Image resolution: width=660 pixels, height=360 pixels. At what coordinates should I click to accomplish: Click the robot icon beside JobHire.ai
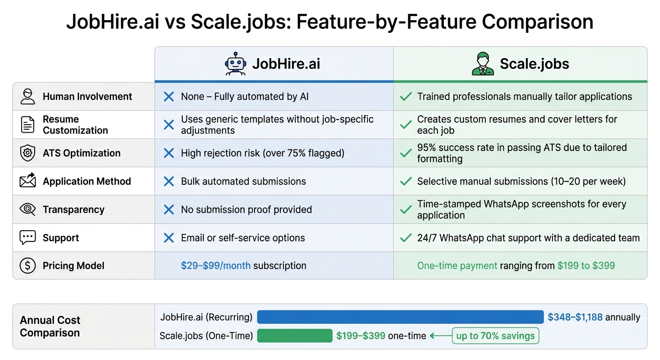[235, 64]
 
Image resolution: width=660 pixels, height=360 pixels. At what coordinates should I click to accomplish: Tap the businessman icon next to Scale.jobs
[483, 64]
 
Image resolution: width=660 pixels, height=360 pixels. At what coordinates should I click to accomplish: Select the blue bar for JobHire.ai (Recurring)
[400, 317]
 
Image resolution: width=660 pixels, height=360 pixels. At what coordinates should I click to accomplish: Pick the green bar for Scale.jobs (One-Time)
[294, 336]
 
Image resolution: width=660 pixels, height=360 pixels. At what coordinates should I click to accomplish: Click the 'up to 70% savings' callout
[495, 336]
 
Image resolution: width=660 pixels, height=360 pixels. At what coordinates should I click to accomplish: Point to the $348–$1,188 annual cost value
[575, 317]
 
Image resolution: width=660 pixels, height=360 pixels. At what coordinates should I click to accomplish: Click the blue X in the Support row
[169, 238]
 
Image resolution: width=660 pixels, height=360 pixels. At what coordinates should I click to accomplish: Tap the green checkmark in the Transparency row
[405, 210]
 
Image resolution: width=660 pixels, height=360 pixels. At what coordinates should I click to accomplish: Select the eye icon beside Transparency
[28, 210]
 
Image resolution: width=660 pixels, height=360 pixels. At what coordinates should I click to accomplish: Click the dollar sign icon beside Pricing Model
[28, 266]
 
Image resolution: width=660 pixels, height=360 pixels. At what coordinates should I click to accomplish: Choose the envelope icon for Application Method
[28, 181]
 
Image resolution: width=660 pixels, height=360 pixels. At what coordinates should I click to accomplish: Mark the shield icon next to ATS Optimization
[28, 153]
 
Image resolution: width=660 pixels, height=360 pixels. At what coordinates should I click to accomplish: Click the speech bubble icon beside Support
[28, 238]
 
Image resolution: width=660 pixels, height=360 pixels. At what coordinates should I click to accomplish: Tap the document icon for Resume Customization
[28, 125]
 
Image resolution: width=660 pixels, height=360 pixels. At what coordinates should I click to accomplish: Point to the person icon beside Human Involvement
[28, 97]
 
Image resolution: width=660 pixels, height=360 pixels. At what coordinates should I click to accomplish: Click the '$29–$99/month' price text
[216, 266]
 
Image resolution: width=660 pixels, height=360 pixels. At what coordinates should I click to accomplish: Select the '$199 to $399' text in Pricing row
[586, 266]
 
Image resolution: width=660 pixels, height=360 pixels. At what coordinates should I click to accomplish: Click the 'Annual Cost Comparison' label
[50, 326]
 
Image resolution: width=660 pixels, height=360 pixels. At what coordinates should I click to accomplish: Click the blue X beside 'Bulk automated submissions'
[169, 181]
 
